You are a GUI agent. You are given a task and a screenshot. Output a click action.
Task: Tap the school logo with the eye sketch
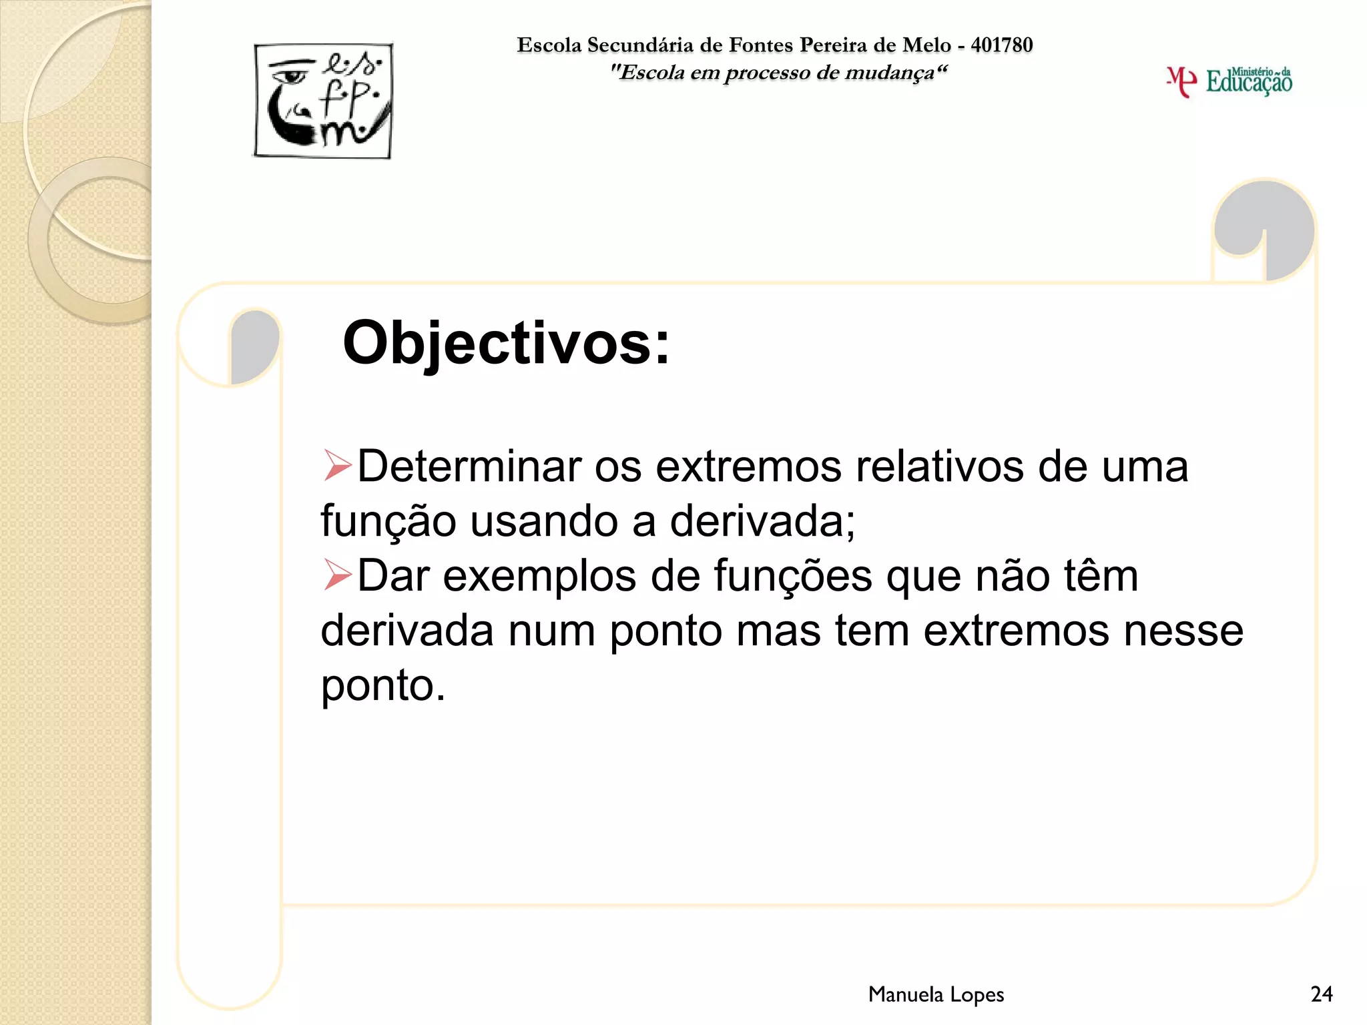coord(323,101)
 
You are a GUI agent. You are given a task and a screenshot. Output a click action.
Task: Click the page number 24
coord(1321,994)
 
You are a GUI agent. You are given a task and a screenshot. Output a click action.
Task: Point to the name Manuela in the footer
coord(905,994)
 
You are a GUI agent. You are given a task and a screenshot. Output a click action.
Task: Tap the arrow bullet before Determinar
coord(337,465)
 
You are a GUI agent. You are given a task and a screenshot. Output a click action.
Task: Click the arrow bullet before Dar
coord(337,575)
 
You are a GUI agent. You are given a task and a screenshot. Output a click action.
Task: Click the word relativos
coord(939,466)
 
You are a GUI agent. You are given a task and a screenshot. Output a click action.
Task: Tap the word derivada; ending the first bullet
coord(762,521)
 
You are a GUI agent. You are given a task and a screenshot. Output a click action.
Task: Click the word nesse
coord(1183,631)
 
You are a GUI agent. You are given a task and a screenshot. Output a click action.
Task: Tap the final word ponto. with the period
coord(383,686)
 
